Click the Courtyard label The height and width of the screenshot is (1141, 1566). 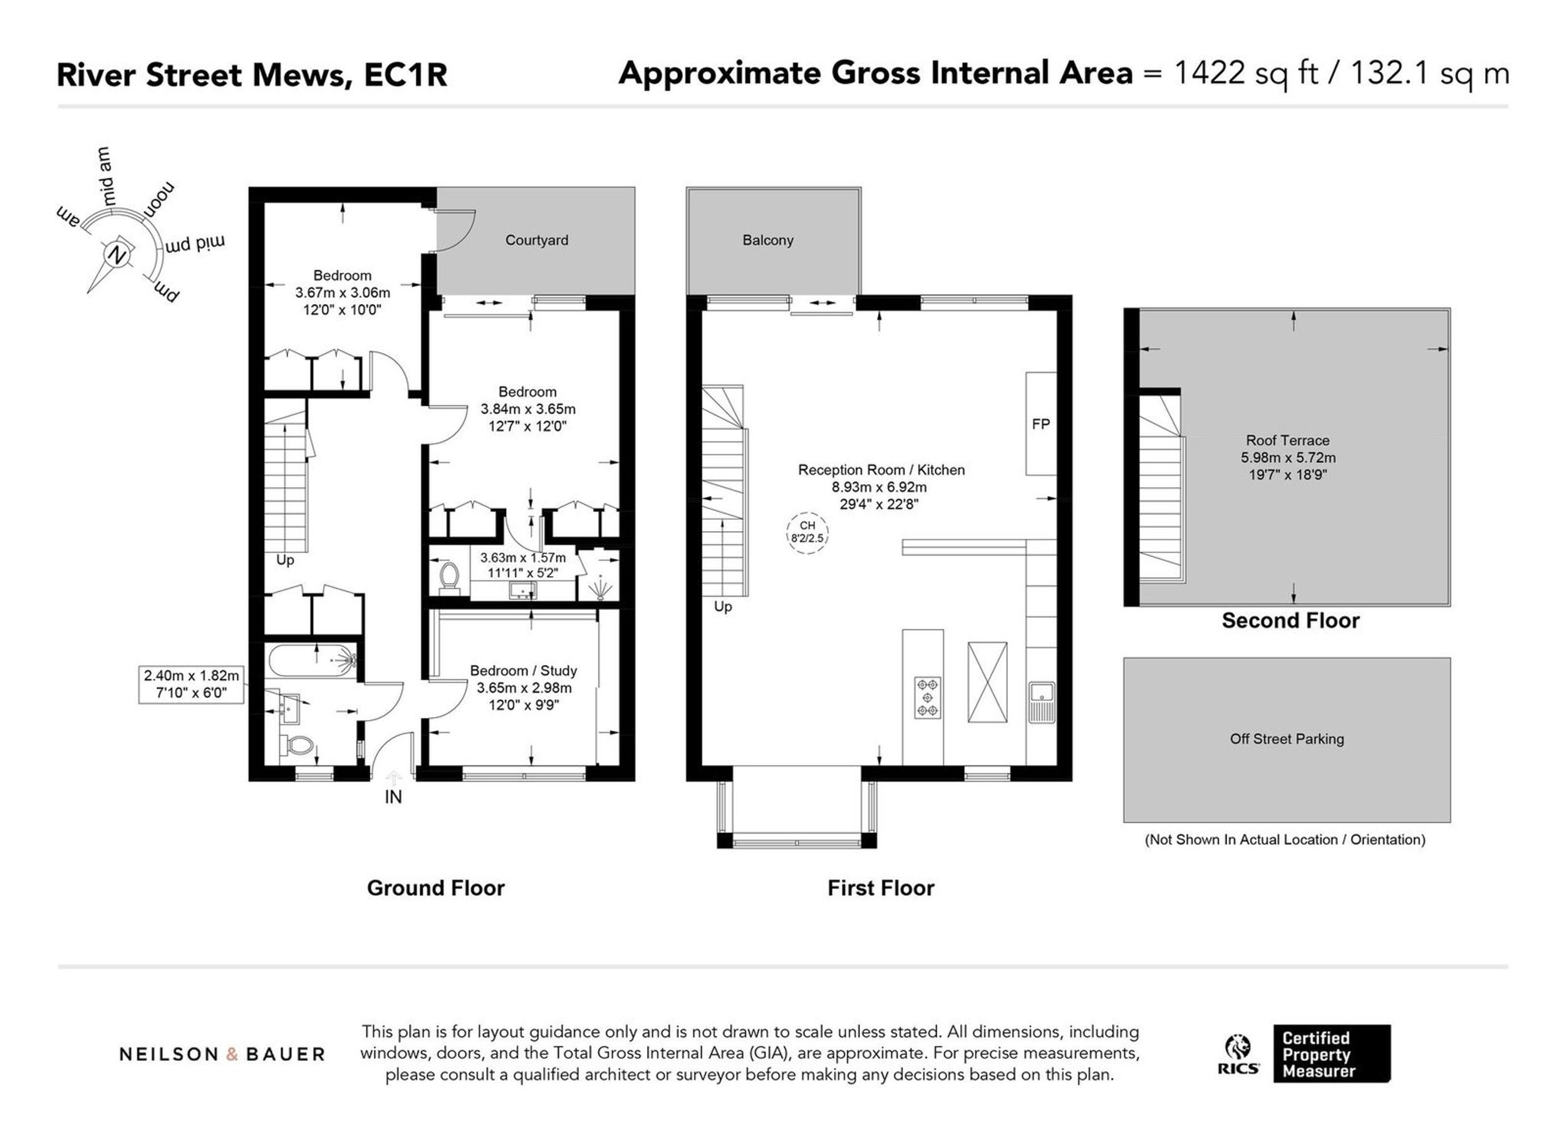537,240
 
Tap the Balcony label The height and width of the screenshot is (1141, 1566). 767,240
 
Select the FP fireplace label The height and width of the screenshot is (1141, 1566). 1040,424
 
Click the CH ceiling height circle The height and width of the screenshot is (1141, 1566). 807,532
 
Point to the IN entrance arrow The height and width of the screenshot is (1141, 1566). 393,778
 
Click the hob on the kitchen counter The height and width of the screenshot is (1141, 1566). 927,698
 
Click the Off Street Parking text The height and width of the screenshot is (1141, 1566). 1287,739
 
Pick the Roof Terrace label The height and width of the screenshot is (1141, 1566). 1288,441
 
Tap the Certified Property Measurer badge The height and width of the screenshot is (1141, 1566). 1332,1053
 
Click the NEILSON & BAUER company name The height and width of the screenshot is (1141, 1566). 222,1055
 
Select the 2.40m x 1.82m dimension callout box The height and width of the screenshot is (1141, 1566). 191,684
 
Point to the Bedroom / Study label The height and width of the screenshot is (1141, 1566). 524,671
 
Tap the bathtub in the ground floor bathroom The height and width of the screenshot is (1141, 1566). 311,661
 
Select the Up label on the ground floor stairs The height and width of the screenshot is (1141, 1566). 285,560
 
